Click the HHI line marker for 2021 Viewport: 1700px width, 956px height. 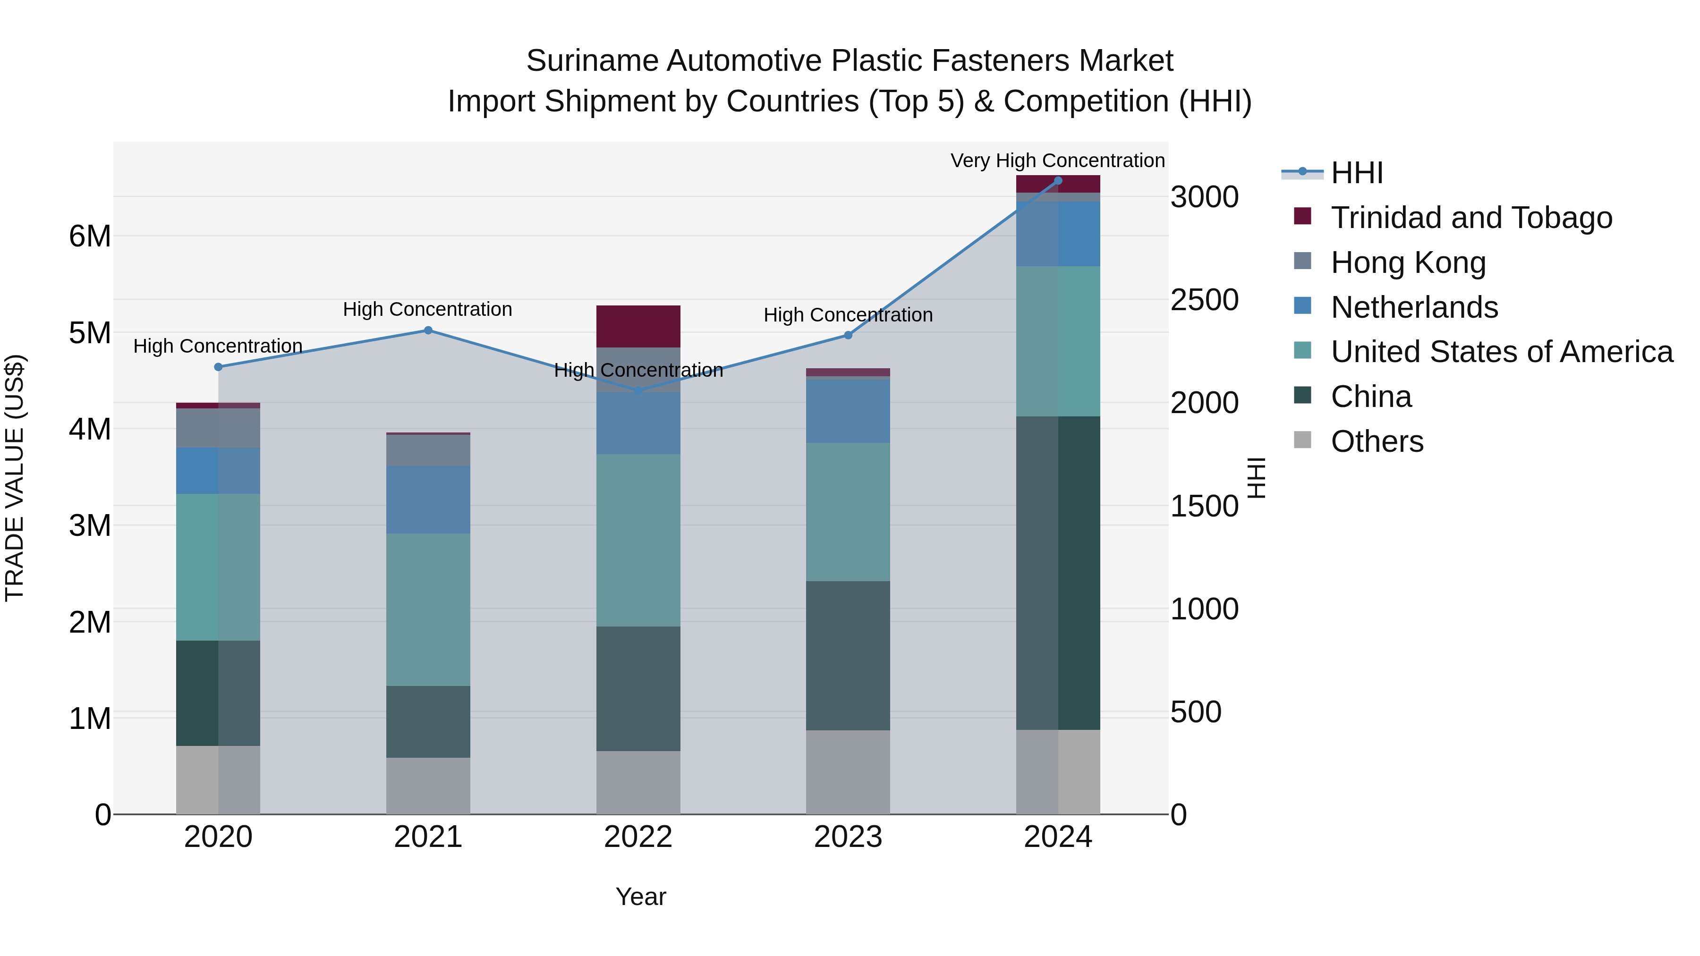click(x=428, y=330)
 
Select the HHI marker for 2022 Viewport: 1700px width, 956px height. click(x=638, y=391)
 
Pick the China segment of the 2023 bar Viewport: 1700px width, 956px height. click(x=848, y=655)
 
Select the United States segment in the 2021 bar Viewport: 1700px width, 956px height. click(x=428, y=609)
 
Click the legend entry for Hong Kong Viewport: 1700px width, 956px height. click(x=1408, y=262)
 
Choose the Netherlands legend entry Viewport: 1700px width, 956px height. click(x=1413, y=307)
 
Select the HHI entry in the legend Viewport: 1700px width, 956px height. click(x=1356, y=173)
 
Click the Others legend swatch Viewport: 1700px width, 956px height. click(x=1303, y=440)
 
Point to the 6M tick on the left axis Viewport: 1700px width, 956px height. click(x=90, y=236)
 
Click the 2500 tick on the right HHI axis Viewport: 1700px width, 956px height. click(x=1204, y=300)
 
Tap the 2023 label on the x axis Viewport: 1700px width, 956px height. click(x=848, y=837)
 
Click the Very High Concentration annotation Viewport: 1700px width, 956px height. click(x=1057, y=161)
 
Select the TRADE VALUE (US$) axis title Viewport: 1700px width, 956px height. click(x=15, y=478)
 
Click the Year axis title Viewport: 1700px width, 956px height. click(x=640, y=897)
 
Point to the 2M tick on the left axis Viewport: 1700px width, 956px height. click(x=90, y=622)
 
